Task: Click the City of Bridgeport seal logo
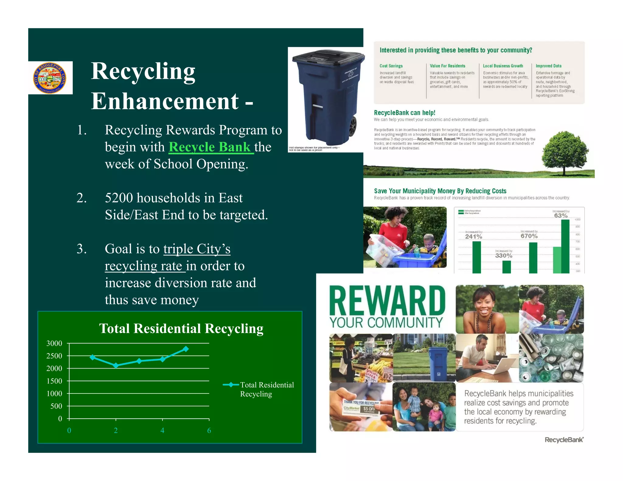(x=50, y=78)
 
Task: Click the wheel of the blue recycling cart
(x=353, y=126)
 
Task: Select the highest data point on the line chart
(x=186, y=349)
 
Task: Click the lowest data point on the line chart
(x=116, y=365)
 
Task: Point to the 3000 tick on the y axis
(x=54, y=344)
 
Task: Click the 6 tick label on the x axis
(x=209, y=431)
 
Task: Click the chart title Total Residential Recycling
(x=181, y=329)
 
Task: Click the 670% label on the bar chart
(x=529, y=236)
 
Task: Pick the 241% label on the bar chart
(x=474, y=237)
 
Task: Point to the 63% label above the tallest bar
(x=561, y=216)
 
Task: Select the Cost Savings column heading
(x=391, y=66)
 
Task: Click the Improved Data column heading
(x=548, y=66)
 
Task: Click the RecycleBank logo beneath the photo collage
(x=564, y=440)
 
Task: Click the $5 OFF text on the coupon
(x=369, y=409)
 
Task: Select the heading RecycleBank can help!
(x=405, y=113)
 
